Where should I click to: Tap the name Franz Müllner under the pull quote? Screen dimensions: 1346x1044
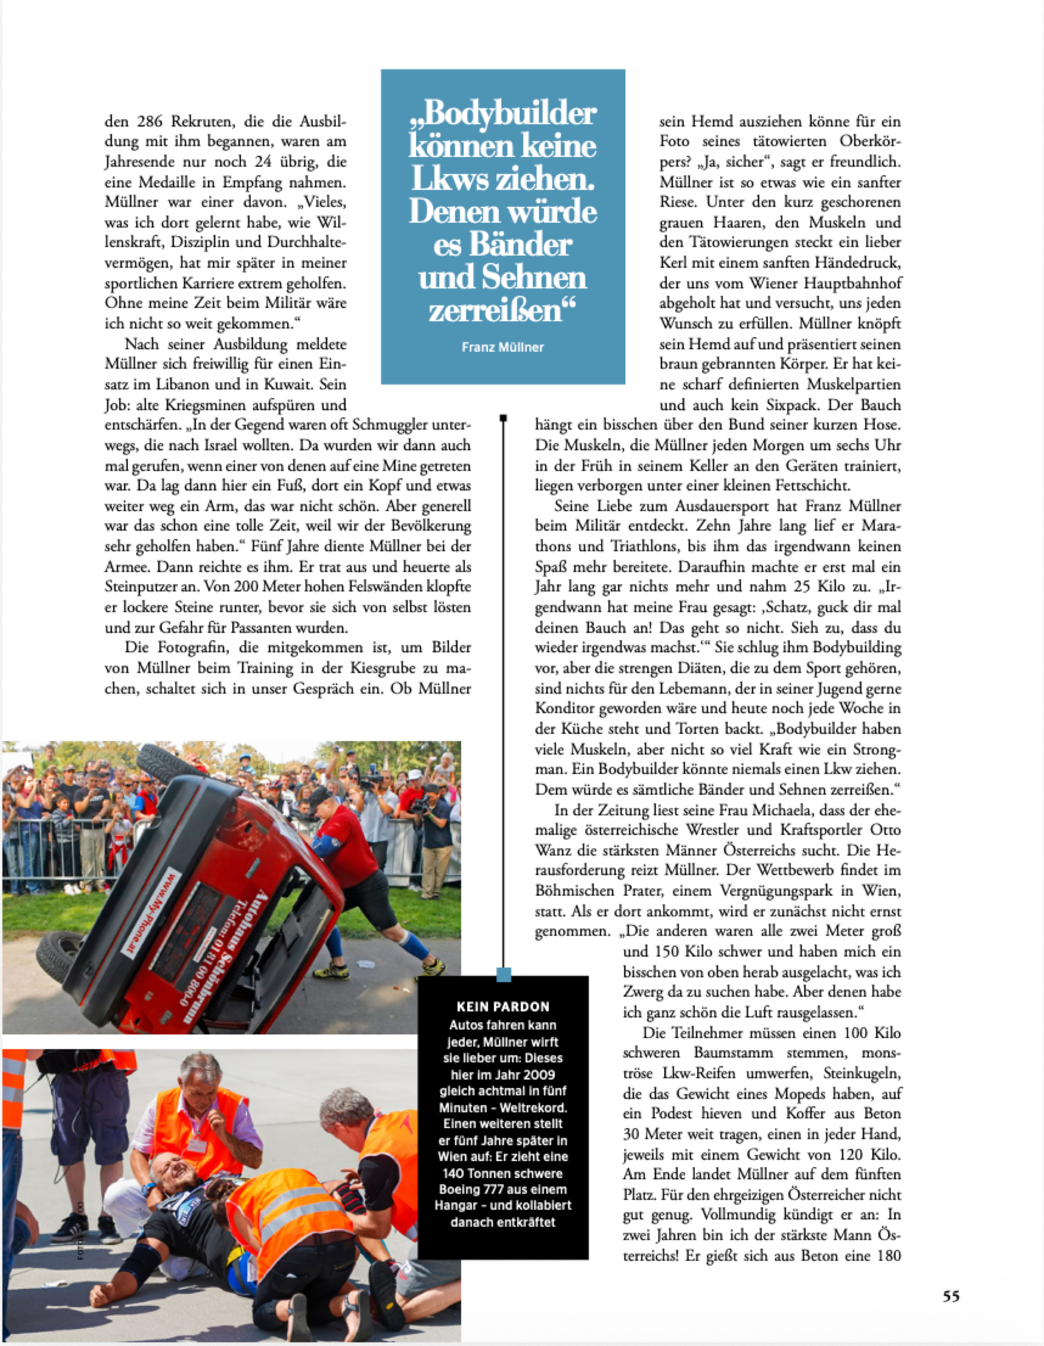[502, 348]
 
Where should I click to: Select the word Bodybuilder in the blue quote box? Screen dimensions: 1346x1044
[510, 113]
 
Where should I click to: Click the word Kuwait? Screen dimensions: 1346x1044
[290, 385]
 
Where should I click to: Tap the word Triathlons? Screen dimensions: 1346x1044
[645, 547]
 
